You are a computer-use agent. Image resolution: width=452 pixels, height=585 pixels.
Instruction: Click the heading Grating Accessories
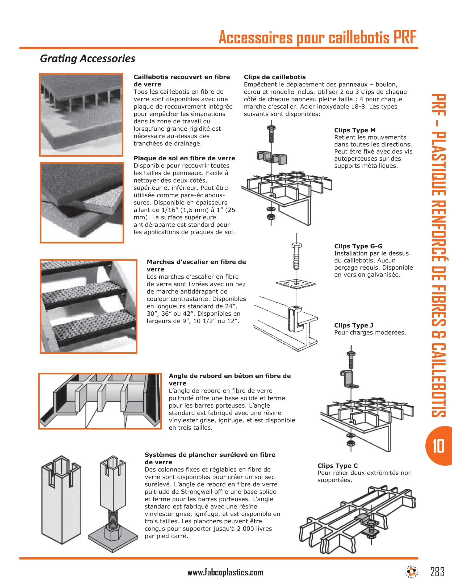(x=87, y=59)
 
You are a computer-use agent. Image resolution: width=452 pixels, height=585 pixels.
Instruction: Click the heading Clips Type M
(x=354, y=130)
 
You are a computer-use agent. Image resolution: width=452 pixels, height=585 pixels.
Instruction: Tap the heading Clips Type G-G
(x=358, y=246)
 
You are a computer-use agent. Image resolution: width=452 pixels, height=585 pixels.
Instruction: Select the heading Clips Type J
(x=353, y=325)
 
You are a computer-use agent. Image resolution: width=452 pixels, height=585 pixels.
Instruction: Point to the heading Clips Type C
(x=337, y=466)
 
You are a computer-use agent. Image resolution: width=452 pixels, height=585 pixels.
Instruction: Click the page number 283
(x=437, y=572)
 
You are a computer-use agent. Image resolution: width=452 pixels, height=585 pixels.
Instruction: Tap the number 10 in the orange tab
(x=438, y=446)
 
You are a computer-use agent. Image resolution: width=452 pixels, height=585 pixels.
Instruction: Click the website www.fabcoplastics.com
(x=225, y=573)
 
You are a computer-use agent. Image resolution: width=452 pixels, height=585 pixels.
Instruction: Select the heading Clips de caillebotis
(x=274, y=77)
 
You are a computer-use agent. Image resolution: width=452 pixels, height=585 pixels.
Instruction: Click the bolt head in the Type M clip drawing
(x=271, y=128)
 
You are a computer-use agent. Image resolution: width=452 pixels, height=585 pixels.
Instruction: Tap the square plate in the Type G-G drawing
(x=296, y=283)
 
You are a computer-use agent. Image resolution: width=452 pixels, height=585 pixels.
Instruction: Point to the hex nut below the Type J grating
(x=350, y=443)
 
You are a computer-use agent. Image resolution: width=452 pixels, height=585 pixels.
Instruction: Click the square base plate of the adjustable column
(x=113, y=541)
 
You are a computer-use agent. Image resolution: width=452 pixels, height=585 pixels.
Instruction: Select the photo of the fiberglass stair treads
(x=88, y=306)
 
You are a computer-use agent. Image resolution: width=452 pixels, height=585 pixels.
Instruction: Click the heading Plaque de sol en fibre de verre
(x=184, y=158)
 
